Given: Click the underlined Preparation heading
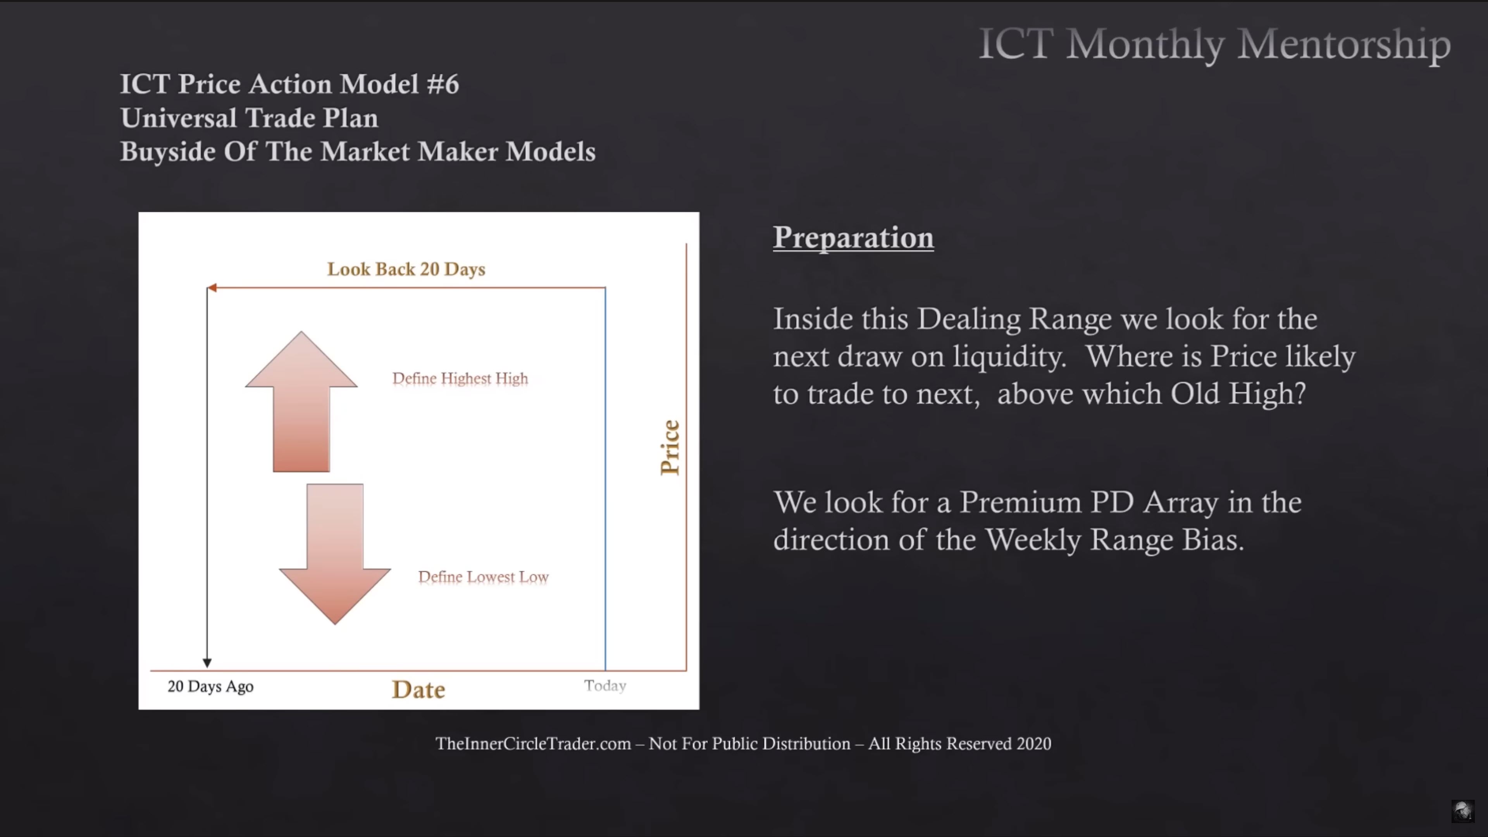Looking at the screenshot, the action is [x=853, y=238].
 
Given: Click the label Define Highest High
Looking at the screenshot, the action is [x=460, y=378].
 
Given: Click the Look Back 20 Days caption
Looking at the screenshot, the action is [x=406, y=269].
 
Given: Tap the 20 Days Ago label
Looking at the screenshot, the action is [x=210, y=686].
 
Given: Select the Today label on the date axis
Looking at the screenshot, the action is [x=605, y=685].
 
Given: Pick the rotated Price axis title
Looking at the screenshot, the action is [x=670, y=448].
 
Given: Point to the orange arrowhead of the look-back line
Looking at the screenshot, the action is [x=212, y=288].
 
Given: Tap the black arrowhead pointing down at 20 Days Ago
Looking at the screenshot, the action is [x=207, y=663].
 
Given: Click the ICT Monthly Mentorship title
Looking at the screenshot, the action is [x=1215, y=44].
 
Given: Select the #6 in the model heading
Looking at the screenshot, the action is [x=443, y=84].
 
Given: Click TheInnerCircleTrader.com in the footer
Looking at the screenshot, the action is [x=533, y=744].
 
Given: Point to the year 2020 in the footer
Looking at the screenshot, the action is [x=1034, y=744].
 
